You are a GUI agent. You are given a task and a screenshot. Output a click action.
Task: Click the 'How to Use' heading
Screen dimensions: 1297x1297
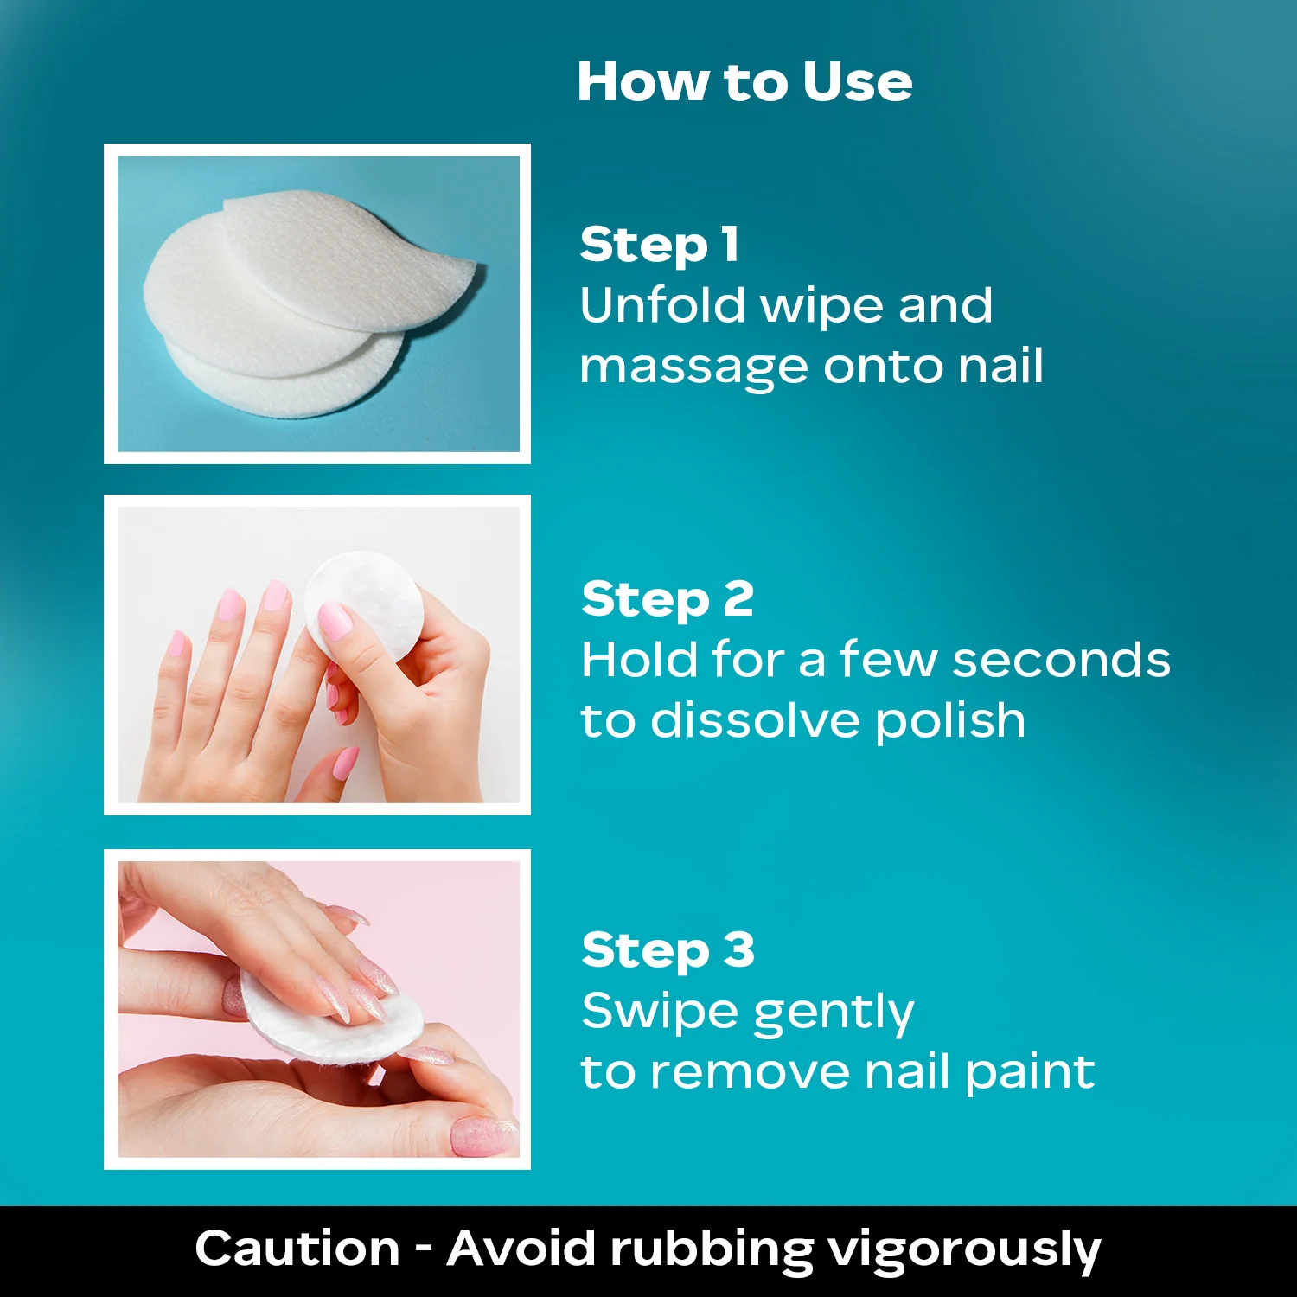[x=744, y=82]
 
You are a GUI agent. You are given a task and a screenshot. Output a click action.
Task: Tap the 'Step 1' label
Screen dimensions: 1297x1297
[x=660, y=244]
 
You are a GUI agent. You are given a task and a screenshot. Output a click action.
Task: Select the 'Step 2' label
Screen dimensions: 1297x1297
[x=668, y=599]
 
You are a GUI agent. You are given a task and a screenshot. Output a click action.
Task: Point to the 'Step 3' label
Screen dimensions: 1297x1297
[x=668, y=950]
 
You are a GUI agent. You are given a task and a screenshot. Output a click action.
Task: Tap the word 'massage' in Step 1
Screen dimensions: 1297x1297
[x=694, y=368]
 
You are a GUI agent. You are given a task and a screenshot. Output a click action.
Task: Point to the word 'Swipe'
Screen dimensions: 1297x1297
[x=656, y=1013]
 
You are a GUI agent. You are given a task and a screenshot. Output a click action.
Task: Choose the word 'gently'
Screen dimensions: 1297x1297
[x=831, y=1013]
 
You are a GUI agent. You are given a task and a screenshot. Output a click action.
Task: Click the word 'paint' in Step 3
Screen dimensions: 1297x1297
[x=1030, y=1073]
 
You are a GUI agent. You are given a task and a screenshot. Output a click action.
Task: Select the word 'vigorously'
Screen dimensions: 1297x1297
[x=964, y=1251]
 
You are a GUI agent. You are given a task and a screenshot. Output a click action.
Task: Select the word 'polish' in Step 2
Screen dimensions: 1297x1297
[x=949, y=722]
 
